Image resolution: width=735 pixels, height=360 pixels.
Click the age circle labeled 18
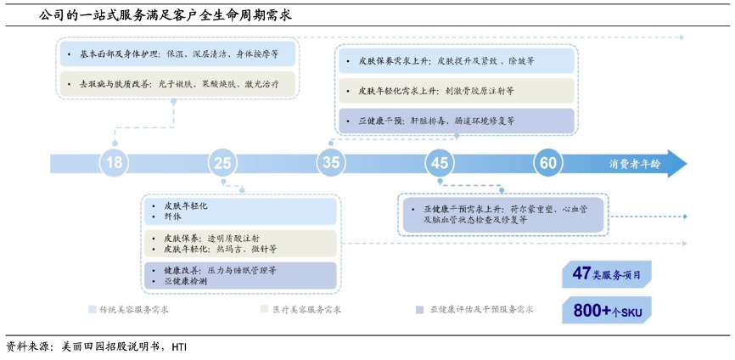[114, 163]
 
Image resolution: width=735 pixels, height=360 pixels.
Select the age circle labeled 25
[222, 163]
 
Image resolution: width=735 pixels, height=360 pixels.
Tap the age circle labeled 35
[331, 163]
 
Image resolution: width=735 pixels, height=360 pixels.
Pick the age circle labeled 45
[439, 163]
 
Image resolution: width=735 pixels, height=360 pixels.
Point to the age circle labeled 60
[547, 163]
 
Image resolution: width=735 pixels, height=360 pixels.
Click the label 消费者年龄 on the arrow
[634, 164]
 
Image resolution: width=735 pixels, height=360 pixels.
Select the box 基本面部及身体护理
[177, 54]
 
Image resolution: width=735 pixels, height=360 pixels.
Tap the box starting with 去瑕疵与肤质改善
[177, 84]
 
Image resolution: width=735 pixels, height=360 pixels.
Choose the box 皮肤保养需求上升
[456, 62]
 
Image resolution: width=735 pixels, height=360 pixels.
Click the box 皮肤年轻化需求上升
[456, 91]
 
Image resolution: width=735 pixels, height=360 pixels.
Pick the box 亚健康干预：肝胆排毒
[456, 121]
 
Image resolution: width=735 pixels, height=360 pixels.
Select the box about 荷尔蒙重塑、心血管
[502, 213]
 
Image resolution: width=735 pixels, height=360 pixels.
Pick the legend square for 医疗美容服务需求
[264, 310]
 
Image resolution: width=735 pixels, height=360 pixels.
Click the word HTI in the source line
[179, 346]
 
